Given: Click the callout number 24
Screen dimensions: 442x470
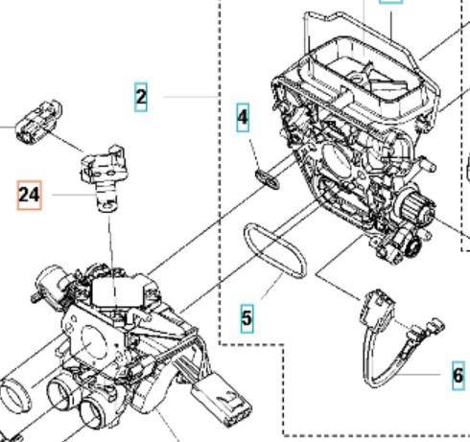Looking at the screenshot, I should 30,197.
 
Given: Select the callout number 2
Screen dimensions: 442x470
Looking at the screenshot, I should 141,96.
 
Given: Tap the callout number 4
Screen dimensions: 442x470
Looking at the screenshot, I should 244,119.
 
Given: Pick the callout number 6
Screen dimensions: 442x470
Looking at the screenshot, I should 458,375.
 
